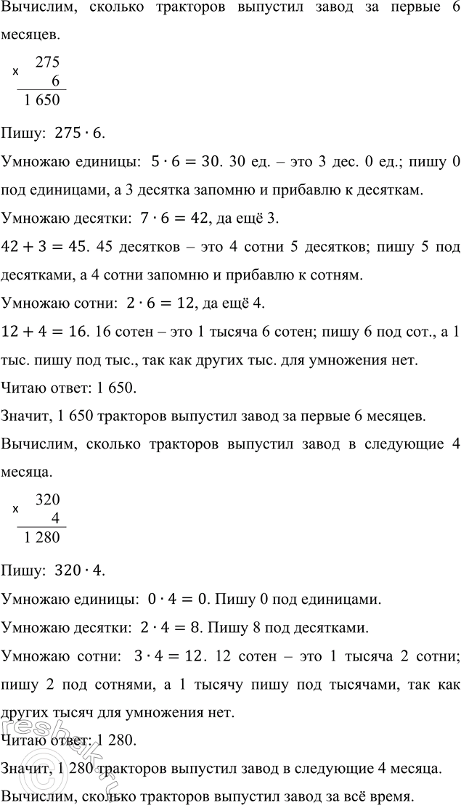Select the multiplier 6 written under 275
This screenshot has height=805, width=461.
click(x=54, y=82)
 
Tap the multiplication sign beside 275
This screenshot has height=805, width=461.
click(x=16, y=73)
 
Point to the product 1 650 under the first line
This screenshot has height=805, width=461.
click(x=41, y=102)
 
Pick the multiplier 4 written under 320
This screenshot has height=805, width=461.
click(x=54, y=518)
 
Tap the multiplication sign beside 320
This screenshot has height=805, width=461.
click(x=16, y=509)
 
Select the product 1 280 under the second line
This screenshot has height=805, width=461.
click(x=41, y=538)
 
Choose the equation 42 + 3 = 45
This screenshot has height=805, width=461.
click(x=38, y=247)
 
